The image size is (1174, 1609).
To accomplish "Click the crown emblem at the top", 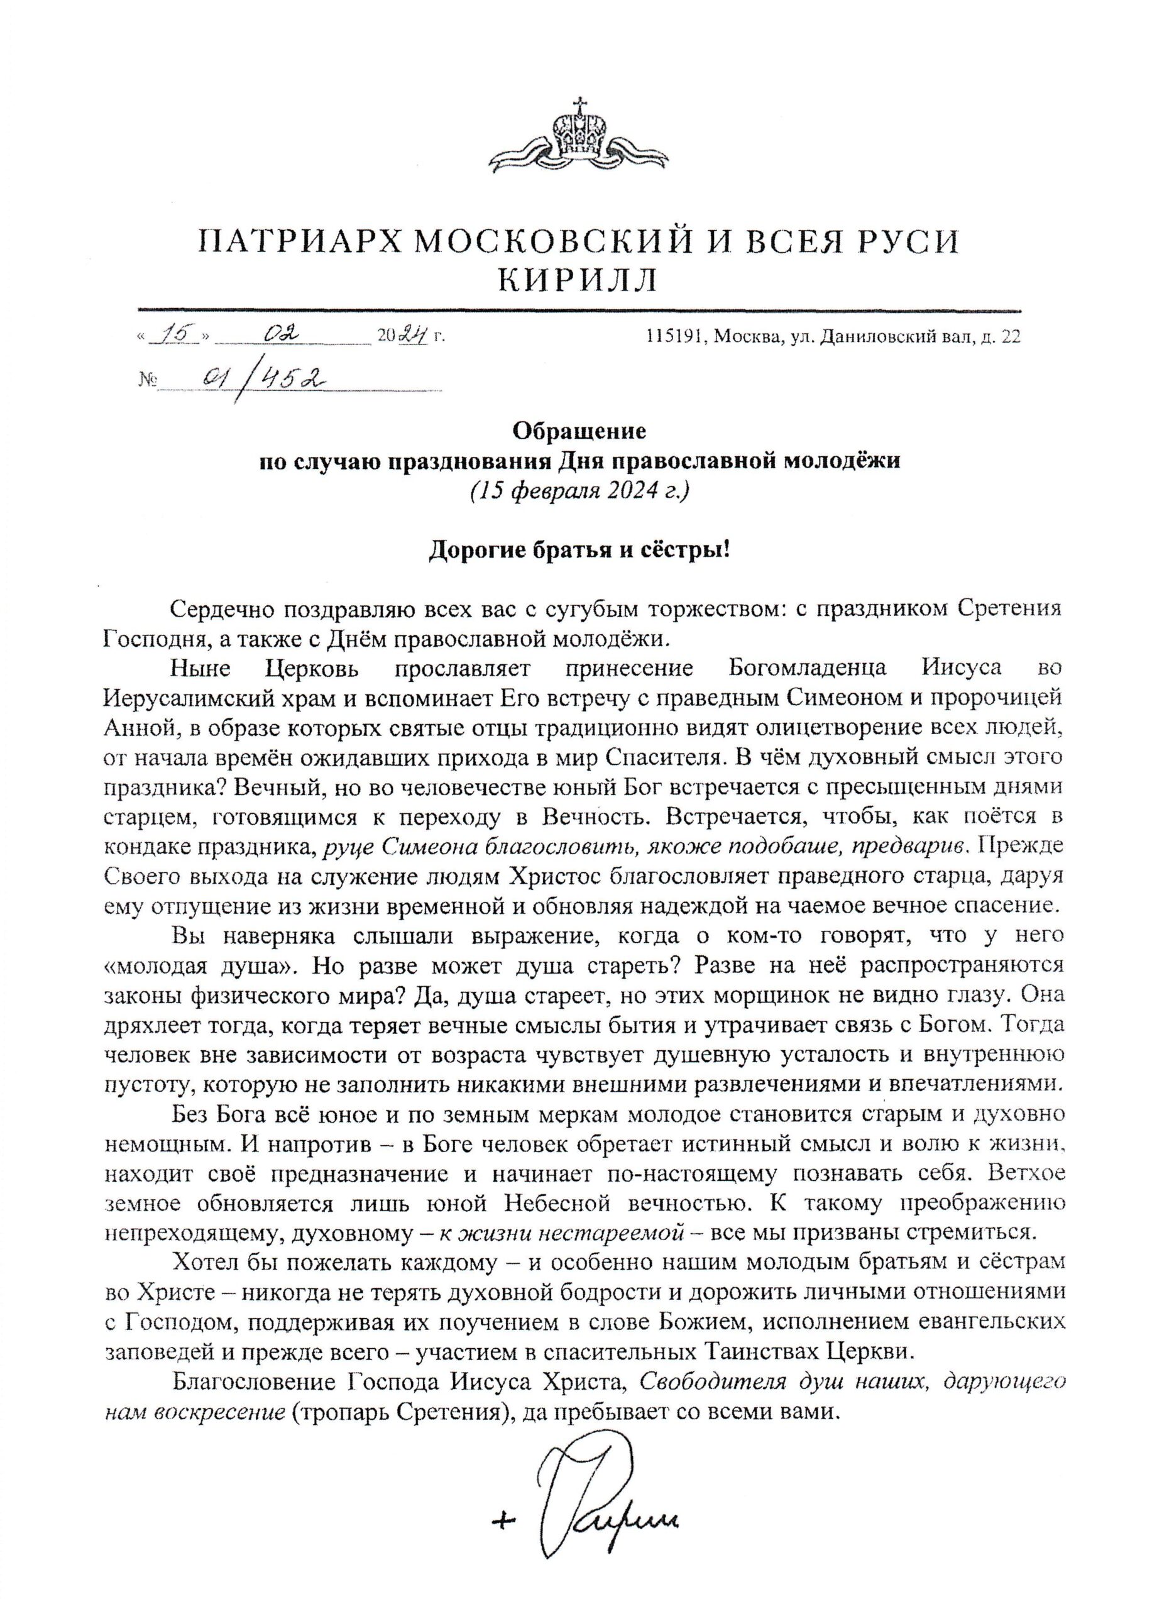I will pyautogui.click(x=581, y=135).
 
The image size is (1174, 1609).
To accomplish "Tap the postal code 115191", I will pyautogui.click(x=674, y=336).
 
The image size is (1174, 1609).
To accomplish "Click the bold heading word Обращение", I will pyautogui.click(x=579, y=431).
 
